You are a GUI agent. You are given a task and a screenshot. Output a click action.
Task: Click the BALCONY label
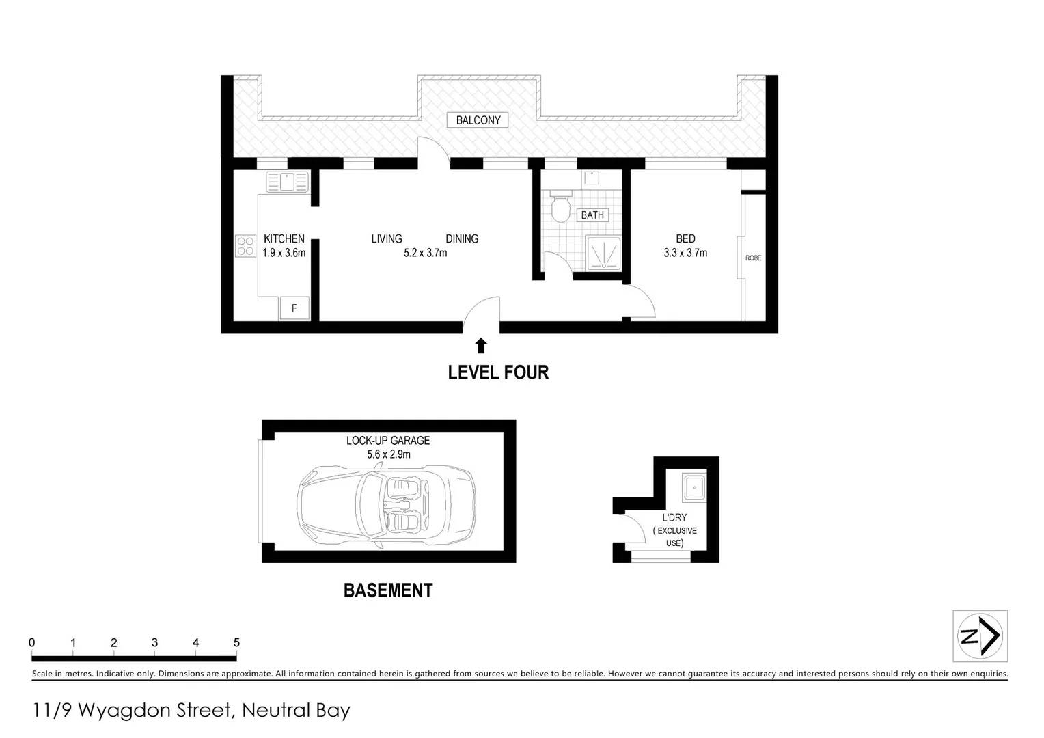pyautogui.click(x=478, y=120)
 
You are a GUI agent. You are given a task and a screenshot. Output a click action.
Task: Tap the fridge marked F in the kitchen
pyautogui.click(x=294, y=308)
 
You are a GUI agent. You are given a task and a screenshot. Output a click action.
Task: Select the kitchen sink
pyautogui.click(x=287, y=182)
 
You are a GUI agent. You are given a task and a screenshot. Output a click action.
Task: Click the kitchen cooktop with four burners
pyautogui.click(x=245, y=246)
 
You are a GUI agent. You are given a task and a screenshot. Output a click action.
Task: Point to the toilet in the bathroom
pyautogui.click(x=561, y=206)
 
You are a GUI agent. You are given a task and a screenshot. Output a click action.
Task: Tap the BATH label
pyautogui.click(x=592, y=215)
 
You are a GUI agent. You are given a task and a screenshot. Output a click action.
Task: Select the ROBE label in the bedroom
pyautogui.click(x=753, y=258)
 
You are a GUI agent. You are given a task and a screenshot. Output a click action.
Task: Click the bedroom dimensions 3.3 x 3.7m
pyautogui.click(x=685, y=253)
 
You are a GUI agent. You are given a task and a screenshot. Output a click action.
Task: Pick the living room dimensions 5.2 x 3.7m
pyautogui.click(x=425, y=253)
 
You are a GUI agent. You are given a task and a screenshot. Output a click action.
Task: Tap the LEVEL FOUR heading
pyautogui.click(x=498, y=372)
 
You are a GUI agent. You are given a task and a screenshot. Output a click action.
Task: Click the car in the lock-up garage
pyautogui.click(x=386, y=506)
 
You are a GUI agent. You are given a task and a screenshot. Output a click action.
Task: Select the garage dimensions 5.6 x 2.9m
pyautogui.click(x=388, y=454)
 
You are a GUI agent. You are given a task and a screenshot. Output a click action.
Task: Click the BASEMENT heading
pyautogui.click(x=388, y=590)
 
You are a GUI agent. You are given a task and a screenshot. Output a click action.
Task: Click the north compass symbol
pyautogui.click(x=980, y=636)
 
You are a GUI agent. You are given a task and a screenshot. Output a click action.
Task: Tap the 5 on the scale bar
pyautogui.click(x=236, y=643)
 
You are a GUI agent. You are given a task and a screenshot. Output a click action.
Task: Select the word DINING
pyautogui.click(x=462, y=239)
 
